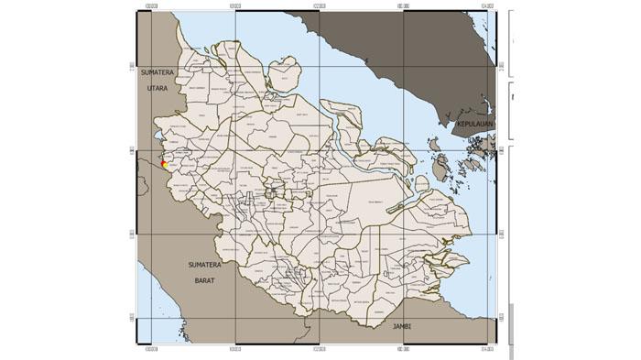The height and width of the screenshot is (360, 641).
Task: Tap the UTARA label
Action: tap(158, 88)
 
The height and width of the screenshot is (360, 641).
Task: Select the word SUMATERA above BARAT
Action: tap(204, 265)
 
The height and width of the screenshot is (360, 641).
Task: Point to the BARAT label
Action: tap(204, 280)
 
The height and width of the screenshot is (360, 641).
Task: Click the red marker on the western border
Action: tap(162, 164)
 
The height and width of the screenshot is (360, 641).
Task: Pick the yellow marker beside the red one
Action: tap(166, 166)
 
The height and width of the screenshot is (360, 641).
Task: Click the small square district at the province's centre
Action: tap(272, 191)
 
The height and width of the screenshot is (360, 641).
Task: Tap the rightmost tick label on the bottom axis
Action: tap(485, 349)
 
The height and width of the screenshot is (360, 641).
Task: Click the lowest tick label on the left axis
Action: tap(133, 318)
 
